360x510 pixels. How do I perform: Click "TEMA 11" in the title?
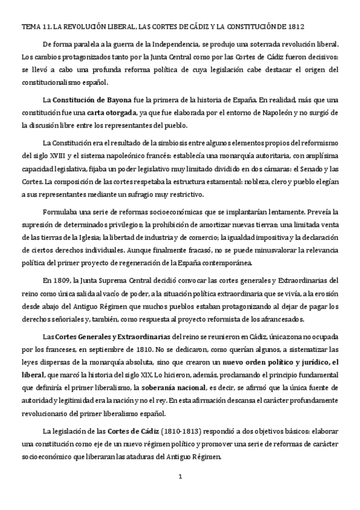point(35,26)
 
